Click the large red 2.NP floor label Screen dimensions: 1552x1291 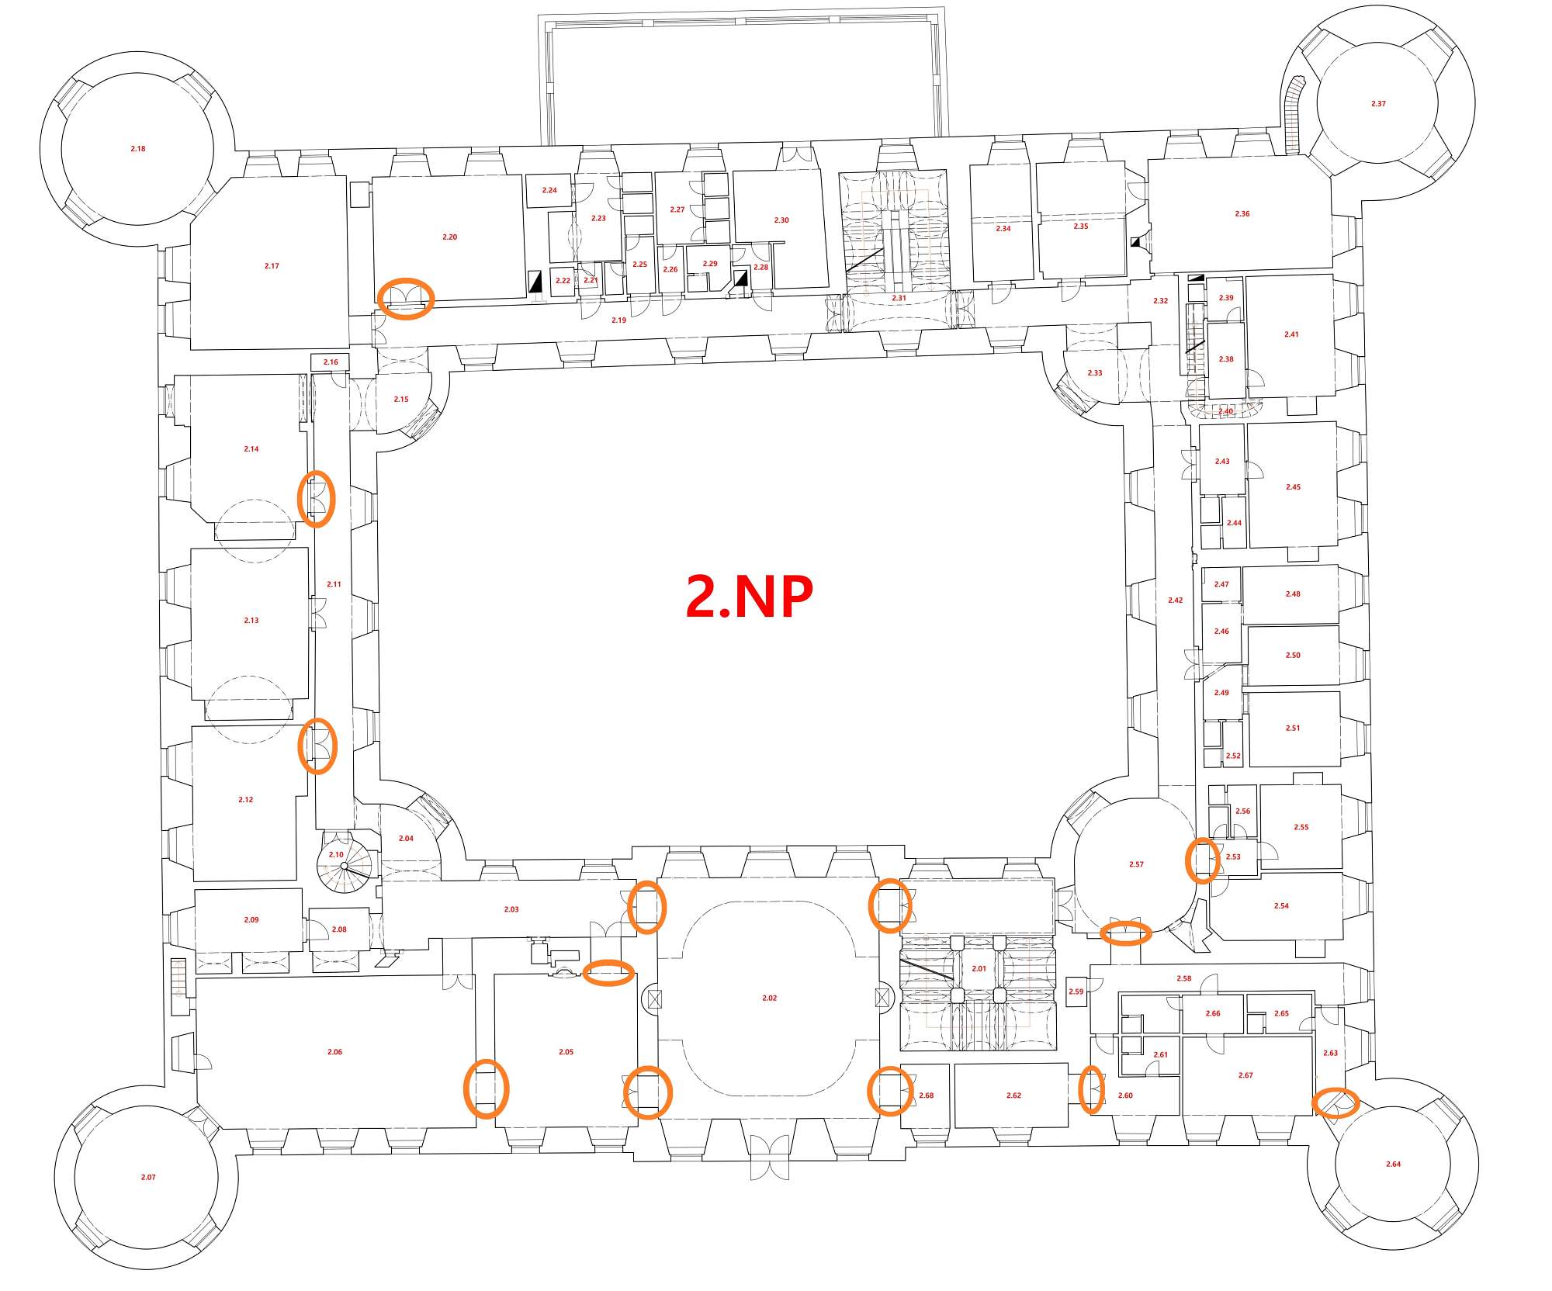tap(750, 597)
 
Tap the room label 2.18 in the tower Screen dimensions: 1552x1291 tap(138, 148)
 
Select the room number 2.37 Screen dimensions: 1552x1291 tap(1378, 103)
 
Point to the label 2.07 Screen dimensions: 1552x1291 tap(148, 1177)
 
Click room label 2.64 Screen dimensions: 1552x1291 tap(1394, 1164)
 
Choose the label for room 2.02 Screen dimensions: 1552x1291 tap(769, 998)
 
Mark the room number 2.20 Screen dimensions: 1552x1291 tap(449, 237)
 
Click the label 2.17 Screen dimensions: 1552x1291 tap(272, 266)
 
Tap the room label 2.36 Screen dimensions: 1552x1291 tap(1242, 213)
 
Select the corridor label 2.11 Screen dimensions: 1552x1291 tap(334, 584)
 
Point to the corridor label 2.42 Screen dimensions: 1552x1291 tap(1176, 600)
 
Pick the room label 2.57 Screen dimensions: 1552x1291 tap(1136, 864)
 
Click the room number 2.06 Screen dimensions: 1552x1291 tap(334, 1051)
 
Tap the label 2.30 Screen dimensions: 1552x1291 tap(781, 220)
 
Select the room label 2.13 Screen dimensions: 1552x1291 tap(251, 621)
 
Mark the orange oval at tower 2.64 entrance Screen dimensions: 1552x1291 tap(1335, 1102)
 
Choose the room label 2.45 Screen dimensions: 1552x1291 tap(1293, 487)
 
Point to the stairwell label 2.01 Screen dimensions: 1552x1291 tap(979, 968)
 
